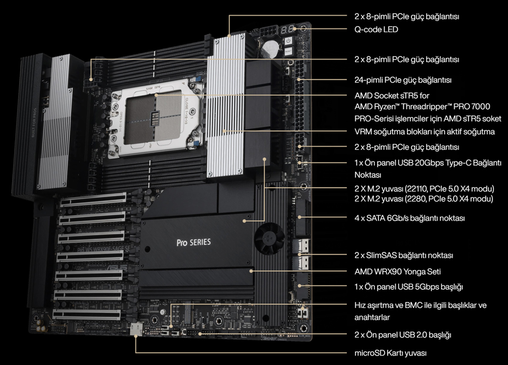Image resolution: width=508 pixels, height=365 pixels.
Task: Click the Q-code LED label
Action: [x=376, y=29]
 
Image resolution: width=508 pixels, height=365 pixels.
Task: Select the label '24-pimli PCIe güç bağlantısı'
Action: [x=403, y=80]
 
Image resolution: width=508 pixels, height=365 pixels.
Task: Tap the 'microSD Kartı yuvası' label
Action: [x=390, y=352]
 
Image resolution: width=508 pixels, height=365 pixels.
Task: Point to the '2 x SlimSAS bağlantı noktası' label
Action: [x=403, y=255]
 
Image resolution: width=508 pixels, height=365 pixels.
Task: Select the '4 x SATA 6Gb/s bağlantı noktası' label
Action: [x=409, y=218]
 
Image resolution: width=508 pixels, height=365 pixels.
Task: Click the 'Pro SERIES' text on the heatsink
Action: [x=193, y=242]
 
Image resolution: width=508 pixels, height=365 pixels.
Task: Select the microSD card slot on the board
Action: [x=136, y=330]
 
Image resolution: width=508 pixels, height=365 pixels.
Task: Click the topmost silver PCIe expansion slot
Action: [x=97, y=202]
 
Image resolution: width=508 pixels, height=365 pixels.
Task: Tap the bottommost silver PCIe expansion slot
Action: [x=89, y=314]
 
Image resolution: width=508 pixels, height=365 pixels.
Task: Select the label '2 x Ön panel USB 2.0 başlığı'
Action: [x=403, y=335]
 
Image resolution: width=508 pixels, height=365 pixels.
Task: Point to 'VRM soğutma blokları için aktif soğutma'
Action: [x=424, y=132]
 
